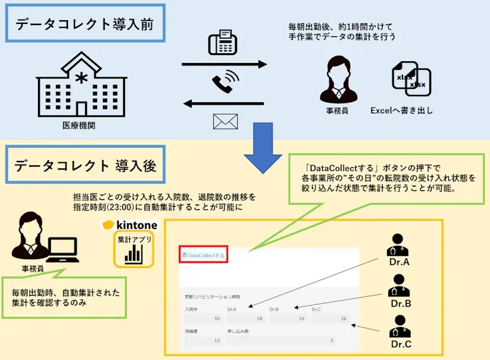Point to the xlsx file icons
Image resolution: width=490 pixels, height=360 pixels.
tap(411, 80)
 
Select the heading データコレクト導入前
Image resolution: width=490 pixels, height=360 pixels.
tap(85, 25)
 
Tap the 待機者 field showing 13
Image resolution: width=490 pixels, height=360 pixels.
tap(202, 340)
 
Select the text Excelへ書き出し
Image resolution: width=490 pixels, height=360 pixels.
tap(401, 111)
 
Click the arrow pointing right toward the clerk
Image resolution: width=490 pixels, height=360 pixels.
tap(224, 64)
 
